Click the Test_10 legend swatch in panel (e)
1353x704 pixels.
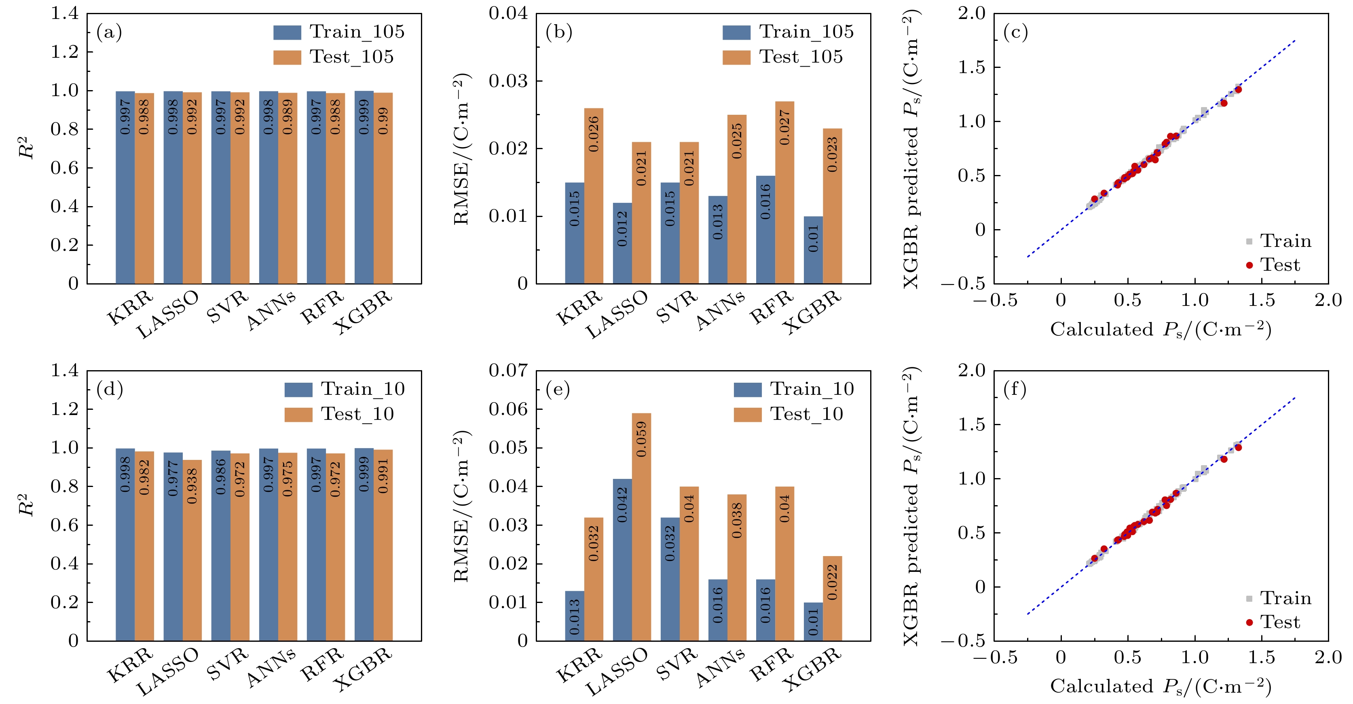[747, 415]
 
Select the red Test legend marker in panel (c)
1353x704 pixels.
[1249, 265]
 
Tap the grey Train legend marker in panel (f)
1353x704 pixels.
[1249, 599]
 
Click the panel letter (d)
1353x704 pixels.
[110, 390]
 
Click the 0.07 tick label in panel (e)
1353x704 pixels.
[508, 371]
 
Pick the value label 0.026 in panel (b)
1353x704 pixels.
[594, 135]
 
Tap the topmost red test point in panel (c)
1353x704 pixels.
[1238, 90]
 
